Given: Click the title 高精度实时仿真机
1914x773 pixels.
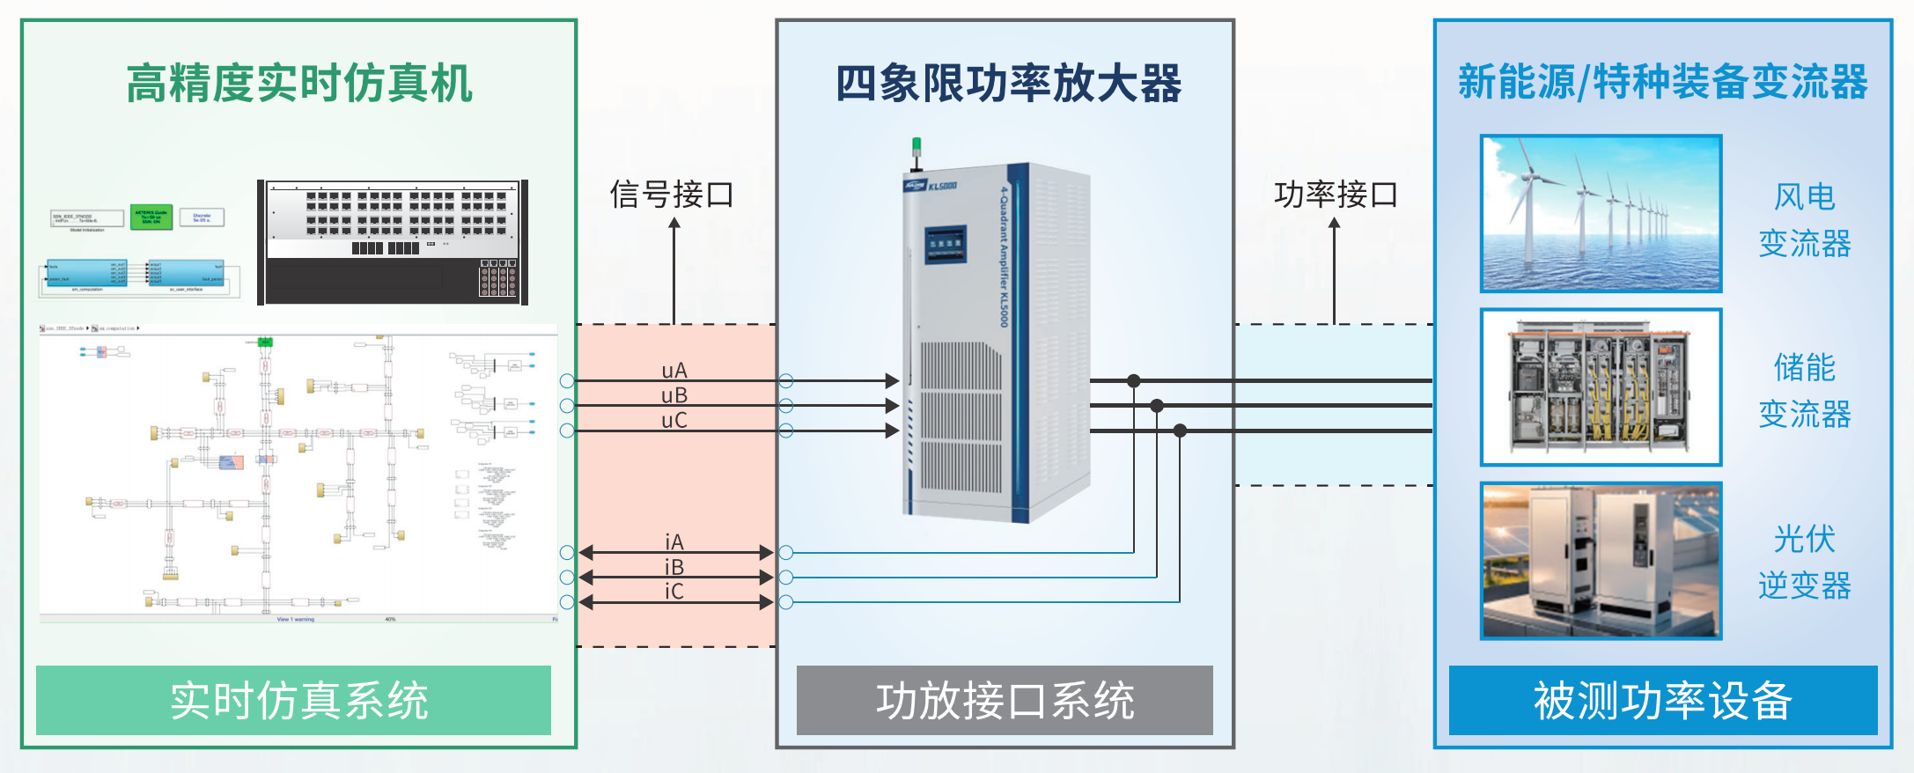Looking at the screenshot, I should [x=299, y=84].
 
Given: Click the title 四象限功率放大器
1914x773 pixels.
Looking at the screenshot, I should [x=1008, y=84].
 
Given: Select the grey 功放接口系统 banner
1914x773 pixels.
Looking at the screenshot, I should [x=1005, y=701].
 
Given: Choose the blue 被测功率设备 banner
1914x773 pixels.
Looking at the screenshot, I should [x=1662, y=701].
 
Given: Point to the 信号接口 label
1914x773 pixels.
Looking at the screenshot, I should [x=672, y=195].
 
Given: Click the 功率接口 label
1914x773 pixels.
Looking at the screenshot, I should [x=1336, y=195].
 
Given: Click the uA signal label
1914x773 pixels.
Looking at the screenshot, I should [x=674, y=371].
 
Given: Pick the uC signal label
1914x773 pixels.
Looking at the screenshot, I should [x=674, y=421].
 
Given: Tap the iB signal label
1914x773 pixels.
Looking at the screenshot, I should [x=674, y=567].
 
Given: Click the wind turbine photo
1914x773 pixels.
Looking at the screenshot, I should [x=1601, y=213].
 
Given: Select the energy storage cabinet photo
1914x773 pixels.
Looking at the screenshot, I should [x=1601, y=386].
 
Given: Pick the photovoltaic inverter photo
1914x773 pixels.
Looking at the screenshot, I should [x=1601, y=560].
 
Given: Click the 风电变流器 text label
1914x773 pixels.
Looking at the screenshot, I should [x=1804, y=220].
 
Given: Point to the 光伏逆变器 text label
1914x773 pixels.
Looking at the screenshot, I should [x=1804, y=562].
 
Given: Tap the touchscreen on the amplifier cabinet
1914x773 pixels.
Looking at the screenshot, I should [x=945, y=244].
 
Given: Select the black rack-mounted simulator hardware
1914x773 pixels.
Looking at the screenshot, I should [x=393, y=243].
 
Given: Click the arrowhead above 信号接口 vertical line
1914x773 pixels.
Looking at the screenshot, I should [x=674, y=224].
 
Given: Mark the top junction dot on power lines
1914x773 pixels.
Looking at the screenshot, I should [x=1134, y=381].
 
